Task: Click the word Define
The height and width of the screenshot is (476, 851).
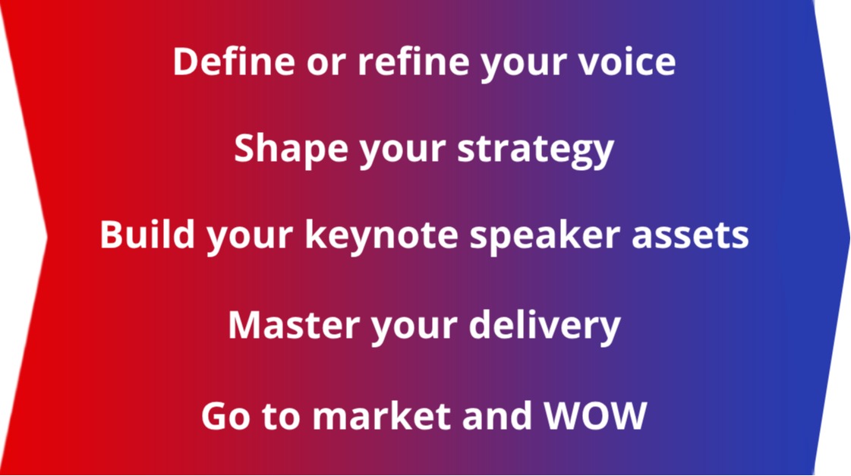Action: [x=234, y=61]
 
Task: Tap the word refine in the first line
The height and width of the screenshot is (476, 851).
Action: [x=413, y=61]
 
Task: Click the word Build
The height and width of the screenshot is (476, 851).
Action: [x=147, y=235]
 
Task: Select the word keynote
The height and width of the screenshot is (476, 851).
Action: [x=382, y=235]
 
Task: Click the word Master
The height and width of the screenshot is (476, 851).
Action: [x=294, y=325]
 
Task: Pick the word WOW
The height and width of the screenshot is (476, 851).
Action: [x=596, y=416]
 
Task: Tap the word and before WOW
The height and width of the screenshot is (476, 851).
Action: [x=497, y=416]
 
